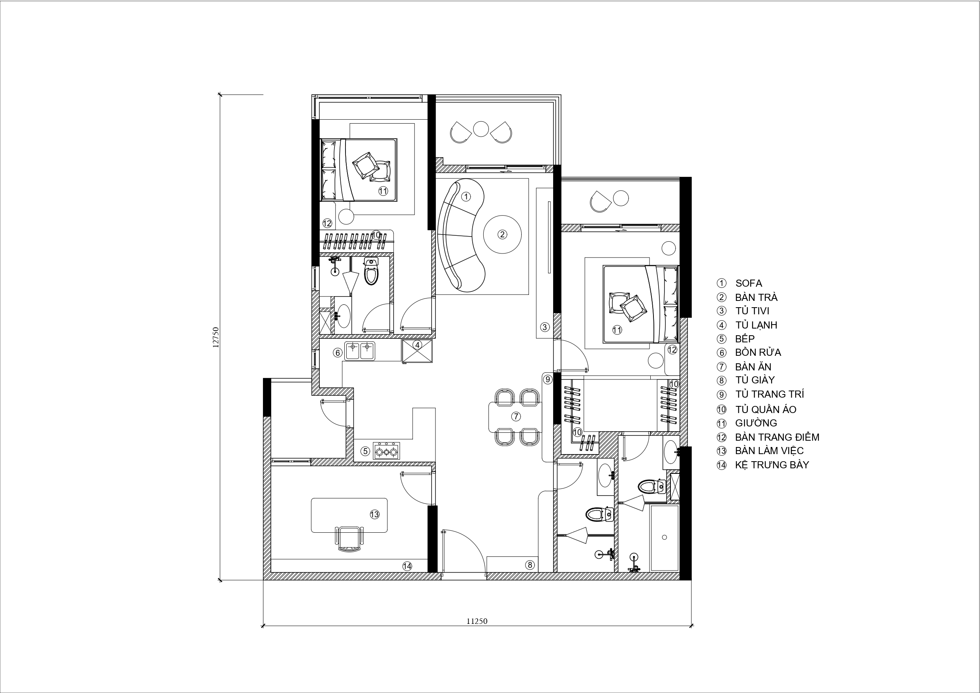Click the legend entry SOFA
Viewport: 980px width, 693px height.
(748, 283)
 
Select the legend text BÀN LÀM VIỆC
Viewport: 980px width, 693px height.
(769, 451)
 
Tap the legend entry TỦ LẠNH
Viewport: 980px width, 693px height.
(756, 325)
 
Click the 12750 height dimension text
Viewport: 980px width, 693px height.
(216, 337)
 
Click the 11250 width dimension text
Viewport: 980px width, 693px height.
(477, 621)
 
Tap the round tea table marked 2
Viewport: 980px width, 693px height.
(502, 234)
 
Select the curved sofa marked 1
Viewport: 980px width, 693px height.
(461, 235)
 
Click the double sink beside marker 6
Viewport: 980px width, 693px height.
(360, 351)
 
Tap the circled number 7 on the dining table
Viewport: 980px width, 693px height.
(516, 416)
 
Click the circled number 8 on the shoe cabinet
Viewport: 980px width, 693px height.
(530, 565)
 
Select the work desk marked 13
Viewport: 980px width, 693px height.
(349, 515)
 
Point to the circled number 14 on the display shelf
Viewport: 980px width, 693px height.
(407, 566)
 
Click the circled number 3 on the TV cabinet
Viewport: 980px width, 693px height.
(544, 327)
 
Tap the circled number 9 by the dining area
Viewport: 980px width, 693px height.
(547, 379)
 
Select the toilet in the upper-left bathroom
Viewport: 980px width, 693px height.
(371, 271)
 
